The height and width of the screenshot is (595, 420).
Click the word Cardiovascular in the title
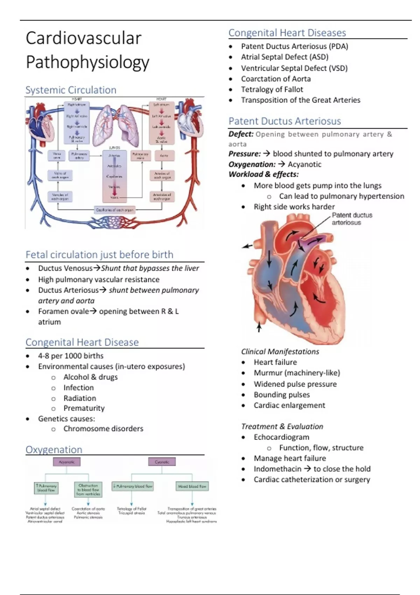tap(83, 38)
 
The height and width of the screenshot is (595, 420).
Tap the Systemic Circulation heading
tap(71, 90)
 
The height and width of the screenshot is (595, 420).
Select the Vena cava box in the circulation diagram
tap(56, 155)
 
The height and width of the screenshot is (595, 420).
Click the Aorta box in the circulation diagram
tap(164, 155)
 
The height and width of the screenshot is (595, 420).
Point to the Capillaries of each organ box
tap(114, 210)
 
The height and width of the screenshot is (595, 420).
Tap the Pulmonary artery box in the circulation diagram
tap(79, 155)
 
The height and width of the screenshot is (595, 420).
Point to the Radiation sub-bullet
tap(79, 398)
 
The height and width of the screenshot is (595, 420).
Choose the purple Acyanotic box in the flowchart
tap(66, 462)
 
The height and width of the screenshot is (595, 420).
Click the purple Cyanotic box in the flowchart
tap(162, 462)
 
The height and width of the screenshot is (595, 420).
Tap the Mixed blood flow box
tap(192, 486)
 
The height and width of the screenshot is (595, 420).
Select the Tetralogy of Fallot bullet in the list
tap(272, 90)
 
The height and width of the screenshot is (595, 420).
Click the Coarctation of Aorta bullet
tap(276, 79)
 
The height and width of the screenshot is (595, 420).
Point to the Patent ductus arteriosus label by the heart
tap(351, 219)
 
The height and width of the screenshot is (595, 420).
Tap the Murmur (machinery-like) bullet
tap(297, 373)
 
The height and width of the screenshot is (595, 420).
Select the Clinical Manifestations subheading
tap(280, 352)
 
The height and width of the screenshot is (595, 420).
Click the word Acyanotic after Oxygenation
tap(304, 164)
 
